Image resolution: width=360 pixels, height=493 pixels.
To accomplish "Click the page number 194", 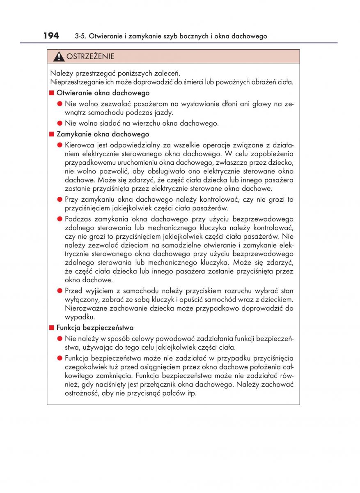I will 51,36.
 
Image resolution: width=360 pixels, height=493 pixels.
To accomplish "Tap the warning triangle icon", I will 59,56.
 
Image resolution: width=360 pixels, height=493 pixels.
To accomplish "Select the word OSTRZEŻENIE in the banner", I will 90,56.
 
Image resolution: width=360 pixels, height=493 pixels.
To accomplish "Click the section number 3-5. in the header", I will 82,37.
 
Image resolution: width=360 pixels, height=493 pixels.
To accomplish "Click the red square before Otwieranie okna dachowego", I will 52,93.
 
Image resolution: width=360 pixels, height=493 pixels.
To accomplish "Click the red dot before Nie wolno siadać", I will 60,123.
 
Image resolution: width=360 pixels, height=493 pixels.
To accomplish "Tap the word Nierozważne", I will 85,309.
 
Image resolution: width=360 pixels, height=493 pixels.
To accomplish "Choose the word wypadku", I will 80,317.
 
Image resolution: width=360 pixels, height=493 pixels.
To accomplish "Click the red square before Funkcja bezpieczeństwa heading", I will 52,328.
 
